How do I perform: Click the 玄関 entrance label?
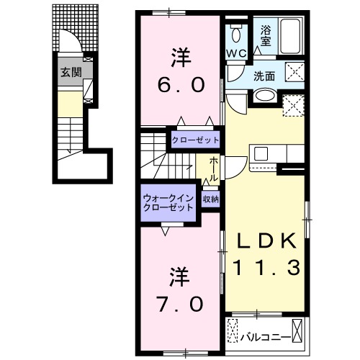70,71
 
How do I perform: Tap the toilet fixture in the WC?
236,35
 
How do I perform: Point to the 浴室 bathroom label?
266,35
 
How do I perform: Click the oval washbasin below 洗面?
264,94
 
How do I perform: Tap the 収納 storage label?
210,198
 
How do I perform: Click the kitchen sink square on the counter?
261,153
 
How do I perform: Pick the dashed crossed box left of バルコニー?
233,333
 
